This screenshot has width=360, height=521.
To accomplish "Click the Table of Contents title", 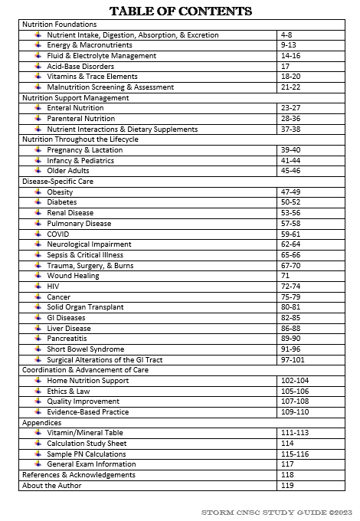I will [180, 11].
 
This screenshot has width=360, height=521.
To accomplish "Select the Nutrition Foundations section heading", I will [60, 25].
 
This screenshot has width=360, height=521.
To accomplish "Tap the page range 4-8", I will [286, 35].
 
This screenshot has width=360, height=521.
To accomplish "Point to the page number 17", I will [285, 67].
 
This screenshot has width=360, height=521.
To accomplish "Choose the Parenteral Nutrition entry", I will [80, 119].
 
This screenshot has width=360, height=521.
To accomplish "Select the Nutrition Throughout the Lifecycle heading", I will [80, 139].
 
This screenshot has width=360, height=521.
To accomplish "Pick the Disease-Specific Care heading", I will [58, 182].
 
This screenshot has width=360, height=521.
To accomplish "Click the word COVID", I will [58, 234].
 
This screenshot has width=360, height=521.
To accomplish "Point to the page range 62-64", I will [291, 244].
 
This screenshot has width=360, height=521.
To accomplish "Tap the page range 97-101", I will [293, 359].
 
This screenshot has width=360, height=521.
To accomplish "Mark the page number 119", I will [287, 485].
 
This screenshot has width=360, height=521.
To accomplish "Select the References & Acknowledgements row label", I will [79, 475].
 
